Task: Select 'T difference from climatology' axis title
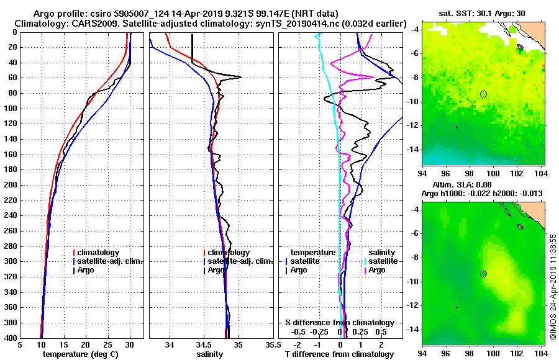(339, 354)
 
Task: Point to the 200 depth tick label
(10, 185)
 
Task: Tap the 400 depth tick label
(10, 338)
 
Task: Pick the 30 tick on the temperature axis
(129, 345)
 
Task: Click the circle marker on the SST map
(483, 94)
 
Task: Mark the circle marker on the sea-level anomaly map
(483, 274)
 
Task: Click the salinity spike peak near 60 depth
(240, 77)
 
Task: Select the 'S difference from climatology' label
(339, 323)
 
